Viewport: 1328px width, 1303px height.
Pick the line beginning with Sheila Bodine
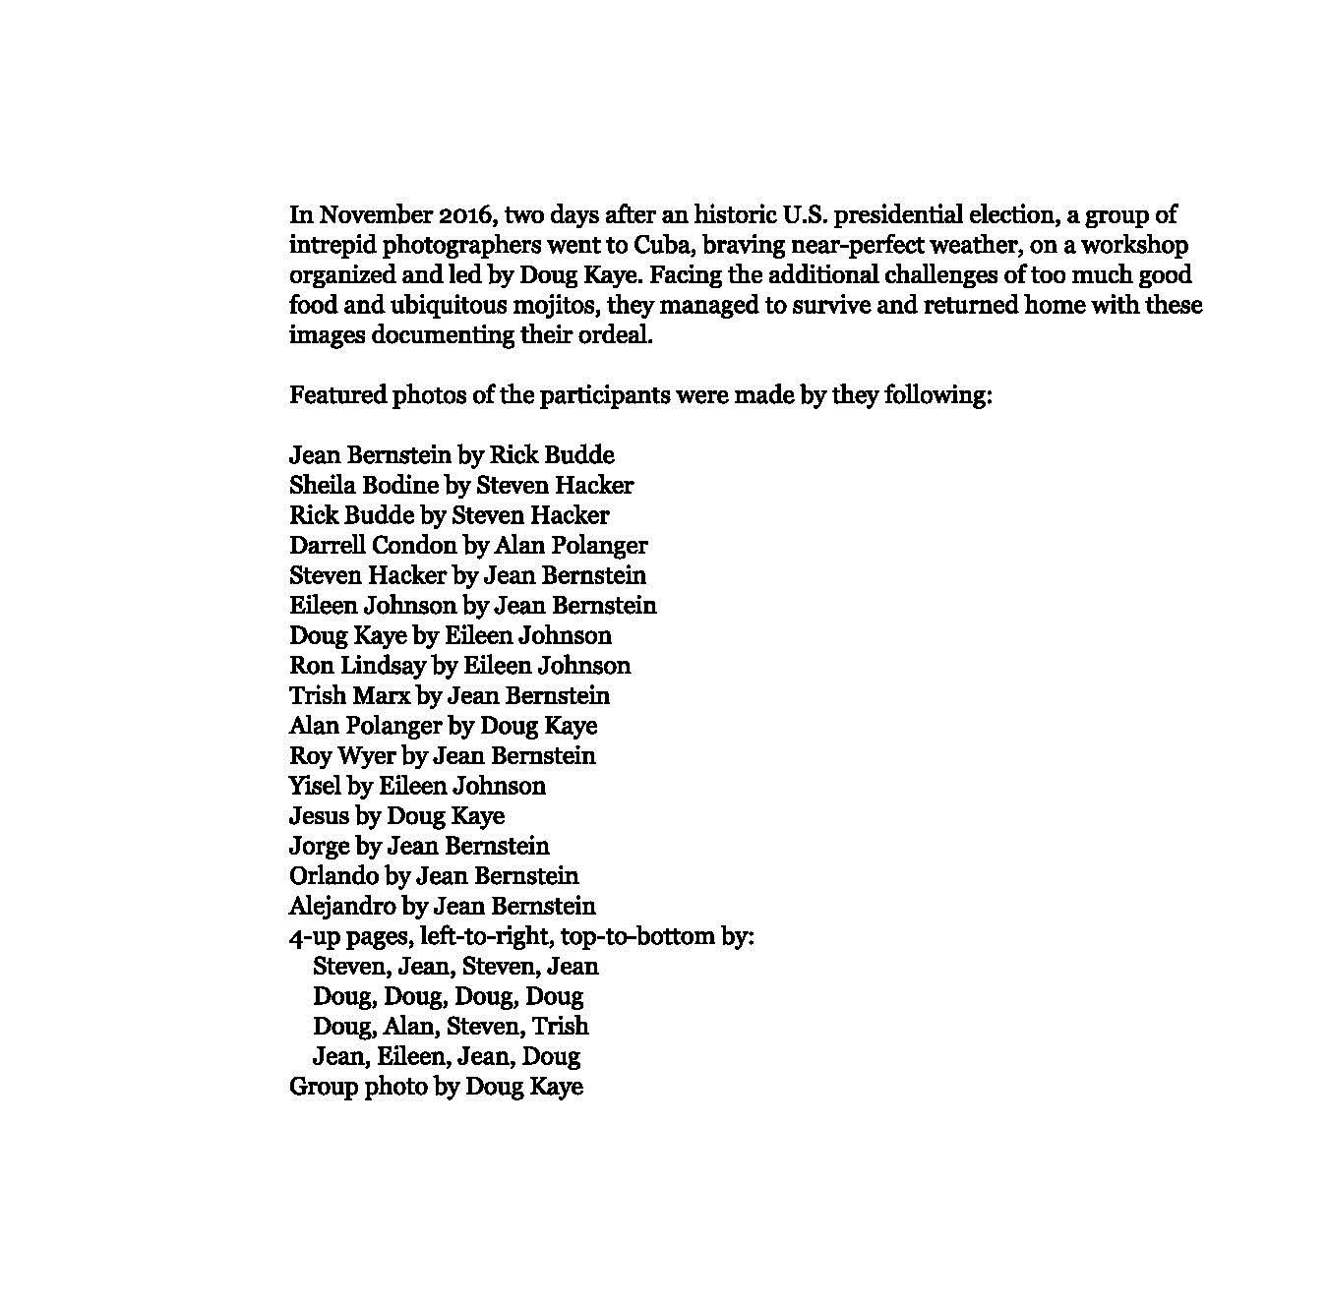pyautogui.click(x=461, y=485)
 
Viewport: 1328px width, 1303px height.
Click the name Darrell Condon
pyautogui.click(x=373, y=545)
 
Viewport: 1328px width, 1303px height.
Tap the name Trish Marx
pyautogui.click(x=349, y=695)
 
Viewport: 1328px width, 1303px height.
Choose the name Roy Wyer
pyautogui.click(x=342, y=755)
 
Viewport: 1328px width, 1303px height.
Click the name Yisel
pyautogui.click(x=314, y=785)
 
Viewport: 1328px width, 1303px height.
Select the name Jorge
pyautogui.click(x=320, y=846)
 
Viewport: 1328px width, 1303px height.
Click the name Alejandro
pyautogui.click(x=344, y=906)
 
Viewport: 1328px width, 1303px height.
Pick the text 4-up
pyautogui.click(x=314, y=936)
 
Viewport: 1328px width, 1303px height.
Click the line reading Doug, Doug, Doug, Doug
pyautogui.click(x=448, y=996)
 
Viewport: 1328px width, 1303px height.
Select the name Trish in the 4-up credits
pyautogui.click(x=560, y=1026)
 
